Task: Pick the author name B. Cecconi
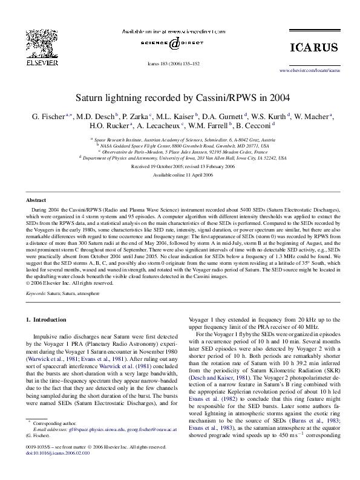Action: click(x=255, y=126)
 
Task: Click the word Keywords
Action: click(x=37, y=293)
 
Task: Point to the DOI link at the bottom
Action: click(x=53, y=469)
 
